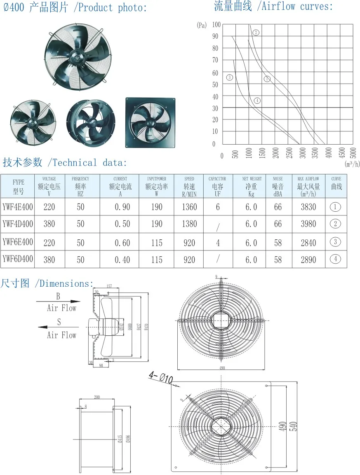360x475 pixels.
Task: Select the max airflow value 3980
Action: pos(308,224)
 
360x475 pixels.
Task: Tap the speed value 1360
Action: pos(189,207)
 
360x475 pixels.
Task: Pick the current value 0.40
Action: pos(122,260)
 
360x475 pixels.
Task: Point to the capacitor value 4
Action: pos(218,243)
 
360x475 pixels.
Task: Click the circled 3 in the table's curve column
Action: pos(335,241)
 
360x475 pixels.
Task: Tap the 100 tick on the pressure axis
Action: pos(216,25)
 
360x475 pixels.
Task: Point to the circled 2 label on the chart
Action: pos(256,33)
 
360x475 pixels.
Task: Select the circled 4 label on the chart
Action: pos(257,101)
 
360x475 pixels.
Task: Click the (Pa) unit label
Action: pos(201,25)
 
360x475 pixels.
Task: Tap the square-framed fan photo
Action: pos(151,122)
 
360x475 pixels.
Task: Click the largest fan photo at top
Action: pos(78,54)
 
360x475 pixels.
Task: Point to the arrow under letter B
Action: pos(58,302)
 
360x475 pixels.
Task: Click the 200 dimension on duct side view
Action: pos(97,397)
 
